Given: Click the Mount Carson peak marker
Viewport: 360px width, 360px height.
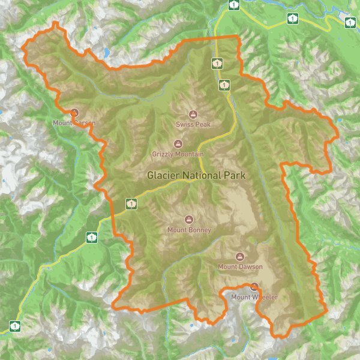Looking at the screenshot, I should point(74,112).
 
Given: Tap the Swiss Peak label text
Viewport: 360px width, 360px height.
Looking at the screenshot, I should point(193,124).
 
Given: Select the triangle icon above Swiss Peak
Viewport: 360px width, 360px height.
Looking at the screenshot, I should point(193,114).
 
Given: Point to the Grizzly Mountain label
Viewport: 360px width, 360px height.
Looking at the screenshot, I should point(178,154).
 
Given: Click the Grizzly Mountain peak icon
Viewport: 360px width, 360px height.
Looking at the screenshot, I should point(178,143).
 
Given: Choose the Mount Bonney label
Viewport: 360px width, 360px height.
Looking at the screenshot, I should point(189,230).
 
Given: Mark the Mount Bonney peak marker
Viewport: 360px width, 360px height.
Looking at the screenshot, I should point(190,220).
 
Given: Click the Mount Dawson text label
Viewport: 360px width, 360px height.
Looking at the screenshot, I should point(240,266).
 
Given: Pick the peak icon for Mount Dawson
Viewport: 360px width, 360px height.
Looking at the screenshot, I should point(241,256).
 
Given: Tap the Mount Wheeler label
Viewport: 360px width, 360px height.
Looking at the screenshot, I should point(254,296).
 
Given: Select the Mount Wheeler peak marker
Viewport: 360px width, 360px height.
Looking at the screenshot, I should point(254,286).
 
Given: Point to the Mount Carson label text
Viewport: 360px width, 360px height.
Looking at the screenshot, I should point(74,123).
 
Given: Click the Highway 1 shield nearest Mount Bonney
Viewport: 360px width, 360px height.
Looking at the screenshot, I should point(131,204).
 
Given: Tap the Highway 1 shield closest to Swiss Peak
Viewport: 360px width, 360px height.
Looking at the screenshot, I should point(223,85).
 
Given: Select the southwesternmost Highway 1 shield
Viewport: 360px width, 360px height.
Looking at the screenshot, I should point(14,326).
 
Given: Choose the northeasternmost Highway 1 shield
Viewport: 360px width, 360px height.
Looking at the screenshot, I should point(350,23).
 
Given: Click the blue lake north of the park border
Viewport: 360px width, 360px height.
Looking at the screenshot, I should point(106,52).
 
